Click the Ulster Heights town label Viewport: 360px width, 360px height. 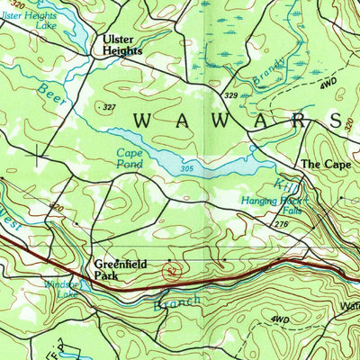point(122,46)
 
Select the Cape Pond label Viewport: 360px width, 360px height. point(130,158)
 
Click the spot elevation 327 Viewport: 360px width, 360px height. point(112,107)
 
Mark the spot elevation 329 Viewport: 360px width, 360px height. point(231,94)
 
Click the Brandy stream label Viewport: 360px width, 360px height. point(269,71)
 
